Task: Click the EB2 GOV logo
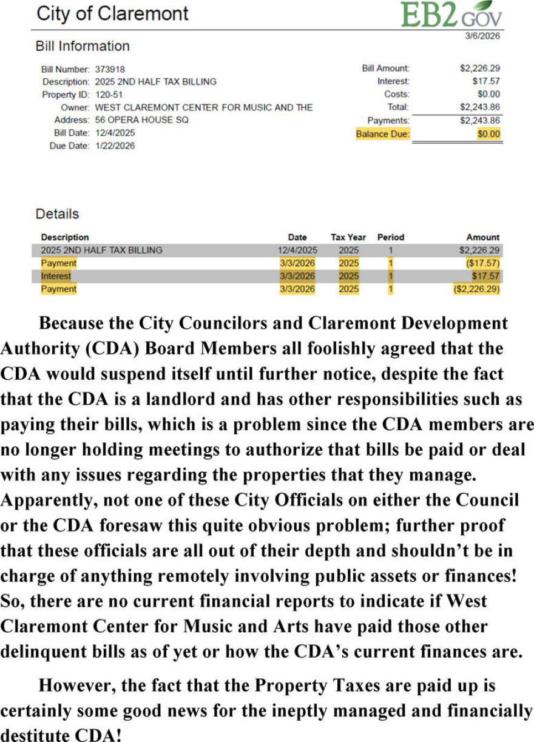coord(451,15)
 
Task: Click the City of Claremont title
coord(112,13)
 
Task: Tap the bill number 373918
coord(110,69)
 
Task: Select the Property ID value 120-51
coord(107,95)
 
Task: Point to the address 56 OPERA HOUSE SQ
coord(141,120)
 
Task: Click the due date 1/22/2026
coord(115,146)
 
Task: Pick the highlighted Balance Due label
coord(382,134)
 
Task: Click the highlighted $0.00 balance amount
coord(489,134)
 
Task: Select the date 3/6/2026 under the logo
coord(482,36)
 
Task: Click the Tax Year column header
coord(348,237)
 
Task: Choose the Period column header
coord(390,237)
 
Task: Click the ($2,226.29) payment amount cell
coord(476,289)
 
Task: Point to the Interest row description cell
coord(56,277)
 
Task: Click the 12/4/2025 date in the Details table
coord(297,250)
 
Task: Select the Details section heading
coord(57,214)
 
